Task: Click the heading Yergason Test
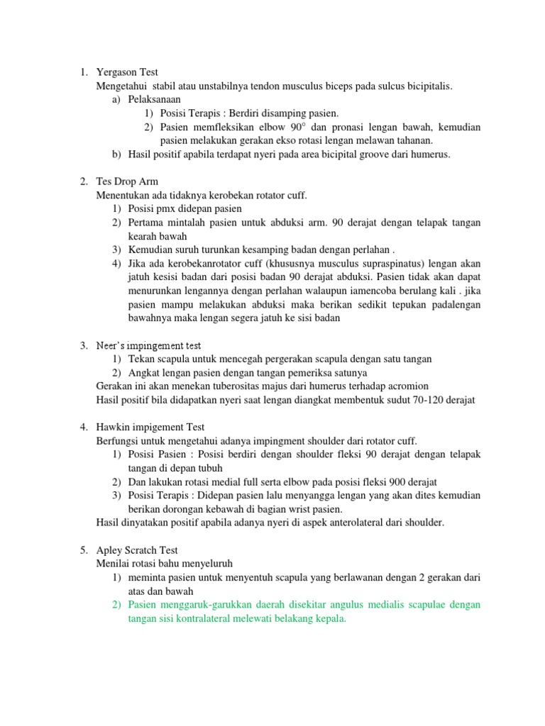127,72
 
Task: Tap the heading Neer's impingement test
148,346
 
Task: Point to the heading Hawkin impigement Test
150,427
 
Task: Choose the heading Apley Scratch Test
136,549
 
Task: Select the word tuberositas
243,386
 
